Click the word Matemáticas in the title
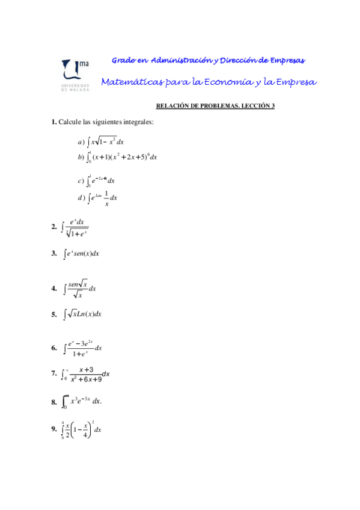tap(128, 82)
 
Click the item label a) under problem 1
tap(81, 142)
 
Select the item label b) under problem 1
tap(81, 157)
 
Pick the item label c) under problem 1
tap(81, 180)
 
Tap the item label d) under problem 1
tap(81, 197)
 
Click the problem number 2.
tap(55, 227)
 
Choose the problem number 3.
tap(55, 254)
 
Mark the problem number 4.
tap(55, 289)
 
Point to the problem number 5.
tap(55, 313)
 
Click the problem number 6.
tap(55, 348)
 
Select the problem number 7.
tap(55, 373)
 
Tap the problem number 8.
tap(55, 401)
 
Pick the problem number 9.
tap(55, 429)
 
